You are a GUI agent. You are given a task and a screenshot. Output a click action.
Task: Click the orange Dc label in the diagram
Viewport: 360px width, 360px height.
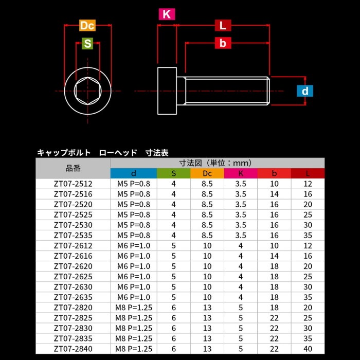(x=87, y=26)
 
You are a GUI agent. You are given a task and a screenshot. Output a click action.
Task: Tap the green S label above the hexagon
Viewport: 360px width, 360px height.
(x=87, y=43)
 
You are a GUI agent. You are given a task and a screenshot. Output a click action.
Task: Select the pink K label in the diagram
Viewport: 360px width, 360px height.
(x=167, y=14)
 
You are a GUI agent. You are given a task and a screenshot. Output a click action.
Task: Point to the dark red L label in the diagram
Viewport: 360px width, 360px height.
(x=223, y=25)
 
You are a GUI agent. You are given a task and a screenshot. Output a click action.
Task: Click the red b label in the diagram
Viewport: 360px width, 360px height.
(x=223, y=43)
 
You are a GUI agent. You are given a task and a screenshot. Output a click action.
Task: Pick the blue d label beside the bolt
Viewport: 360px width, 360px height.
(x=304, y=91)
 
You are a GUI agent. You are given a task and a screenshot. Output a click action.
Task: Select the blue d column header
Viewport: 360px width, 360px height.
(x=134, y=173)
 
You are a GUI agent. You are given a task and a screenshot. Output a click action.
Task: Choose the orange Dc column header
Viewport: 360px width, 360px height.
(x=207, y=173)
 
